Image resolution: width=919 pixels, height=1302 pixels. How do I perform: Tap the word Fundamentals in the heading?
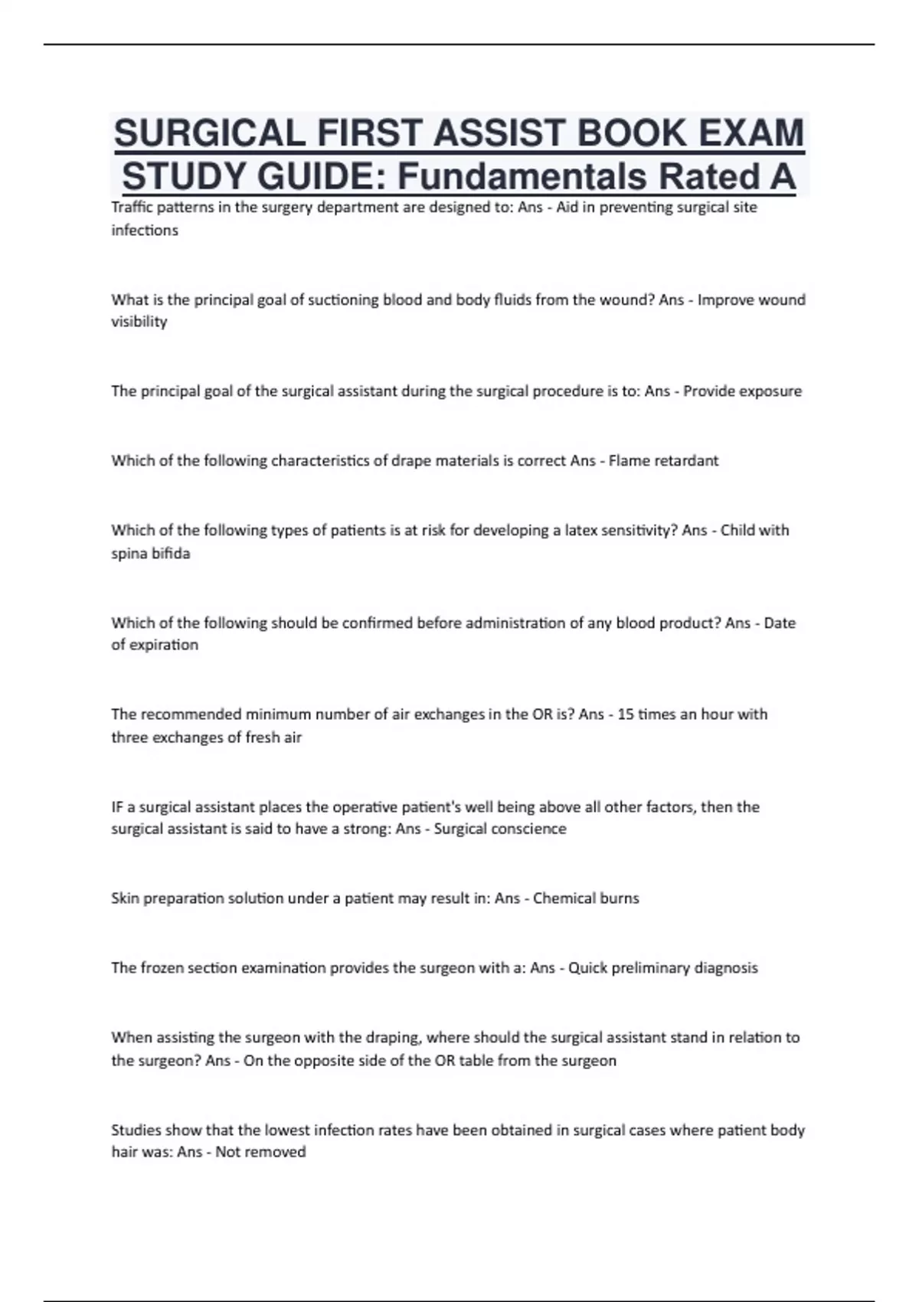(x=522, y=177)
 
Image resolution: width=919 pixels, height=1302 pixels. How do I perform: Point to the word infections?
(x=145, y=230)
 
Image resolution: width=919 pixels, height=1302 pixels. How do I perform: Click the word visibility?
(x=139, y=322)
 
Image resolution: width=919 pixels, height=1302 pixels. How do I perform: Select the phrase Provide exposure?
(x=742, y=391)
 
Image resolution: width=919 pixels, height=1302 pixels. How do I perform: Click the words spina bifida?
(x=151, y=553)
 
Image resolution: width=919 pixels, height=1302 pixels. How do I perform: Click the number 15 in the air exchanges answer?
(x=625, y=714)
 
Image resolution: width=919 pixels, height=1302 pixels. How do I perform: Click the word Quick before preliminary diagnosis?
(x=586, y=968)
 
